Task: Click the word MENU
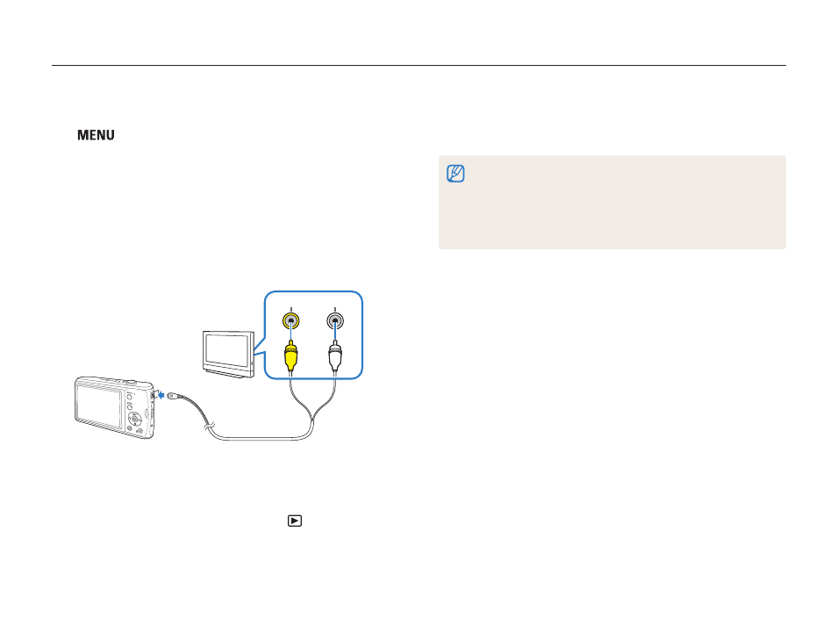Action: pyautogui.click(x=97, y=135)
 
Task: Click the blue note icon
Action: pyautogui.click(x=455, y=174)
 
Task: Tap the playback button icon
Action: pyautogui.click(x=295, y=521)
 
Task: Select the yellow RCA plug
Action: pyautogui.click(x=290, y=355)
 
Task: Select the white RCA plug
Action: pyautogui.click(x=334, y=355)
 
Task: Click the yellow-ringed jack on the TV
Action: pyautogui.click(x=291, y=321)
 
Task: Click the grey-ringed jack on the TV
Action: pyautogui.click(x=334, y=321)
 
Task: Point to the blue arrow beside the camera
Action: pyautogui.click(x=161, y=395)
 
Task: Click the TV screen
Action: pyautogui.click(x=226, y=350)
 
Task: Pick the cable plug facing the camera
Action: pyautogui.click(x=173, y=395)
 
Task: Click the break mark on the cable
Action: pyautogui.click(x=209, y=427)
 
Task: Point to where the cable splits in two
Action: pyautogui.click(x=312, y=419)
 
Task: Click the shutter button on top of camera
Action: pyautogui.click(x=129, y=382)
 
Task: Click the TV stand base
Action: pyautogui.click(x=228, y=373)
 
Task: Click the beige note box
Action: pyautogui.click(x=612, y=202)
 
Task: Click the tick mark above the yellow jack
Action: pyautogui.click(x=291, y=309)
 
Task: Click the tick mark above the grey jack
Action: pyautogui.click(x=334, y=309)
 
